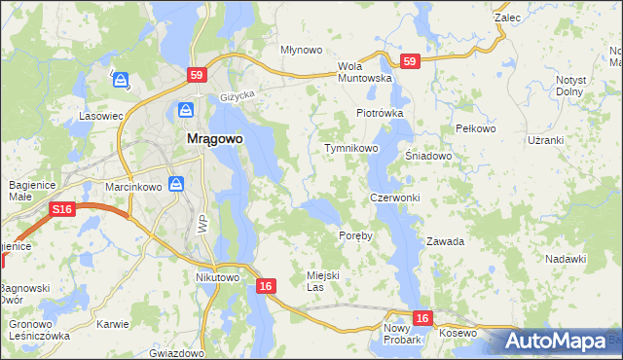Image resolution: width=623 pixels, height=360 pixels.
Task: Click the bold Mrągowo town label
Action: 214,138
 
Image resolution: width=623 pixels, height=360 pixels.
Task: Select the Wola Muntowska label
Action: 364,72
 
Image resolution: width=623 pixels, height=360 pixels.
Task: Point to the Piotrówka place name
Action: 380,113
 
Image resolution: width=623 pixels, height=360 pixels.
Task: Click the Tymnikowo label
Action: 350,148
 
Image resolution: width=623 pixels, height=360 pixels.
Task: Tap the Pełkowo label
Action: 476,128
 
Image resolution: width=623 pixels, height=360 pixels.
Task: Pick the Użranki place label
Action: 545,140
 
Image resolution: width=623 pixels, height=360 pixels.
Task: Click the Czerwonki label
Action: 394,198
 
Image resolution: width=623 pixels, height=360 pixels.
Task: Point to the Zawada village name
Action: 445,241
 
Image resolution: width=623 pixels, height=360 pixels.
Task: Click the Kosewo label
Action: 458,334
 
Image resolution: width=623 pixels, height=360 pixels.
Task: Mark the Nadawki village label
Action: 566,259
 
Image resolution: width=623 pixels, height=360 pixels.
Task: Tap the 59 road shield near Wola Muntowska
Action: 409,61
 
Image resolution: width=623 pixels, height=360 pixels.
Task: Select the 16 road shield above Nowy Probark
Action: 421,317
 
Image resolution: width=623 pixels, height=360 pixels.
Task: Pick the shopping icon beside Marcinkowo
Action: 176,183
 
